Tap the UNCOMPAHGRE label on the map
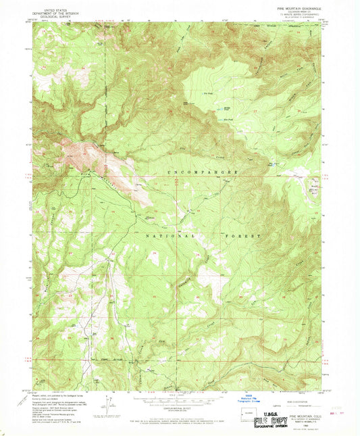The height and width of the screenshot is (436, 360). click(202, 174)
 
